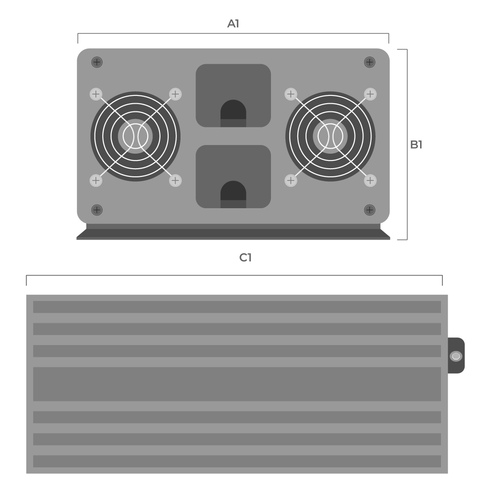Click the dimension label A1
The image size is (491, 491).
[233, 24]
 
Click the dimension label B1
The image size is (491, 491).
[416, 145]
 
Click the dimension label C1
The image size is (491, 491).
[245, 258]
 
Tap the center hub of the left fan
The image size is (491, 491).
[135, 136]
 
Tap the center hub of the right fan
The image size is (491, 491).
[331, 136]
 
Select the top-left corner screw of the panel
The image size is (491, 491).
[97, 62]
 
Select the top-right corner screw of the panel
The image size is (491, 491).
[370, 62]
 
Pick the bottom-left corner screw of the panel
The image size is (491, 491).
[97, 210]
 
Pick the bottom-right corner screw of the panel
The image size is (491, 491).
[370, 210]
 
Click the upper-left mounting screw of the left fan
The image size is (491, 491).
[95, 94]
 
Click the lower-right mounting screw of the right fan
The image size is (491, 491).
[371, 180]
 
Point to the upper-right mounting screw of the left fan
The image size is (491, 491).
[175, 94]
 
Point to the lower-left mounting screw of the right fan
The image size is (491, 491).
[291, 180]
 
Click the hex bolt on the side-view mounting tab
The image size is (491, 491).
[456, 356]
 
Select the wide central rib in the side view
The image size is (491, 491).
[237, 384]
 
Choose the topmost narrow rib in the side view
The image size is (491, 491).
[237, 307]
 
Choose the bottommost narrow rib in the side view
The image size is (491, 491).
[237, 461]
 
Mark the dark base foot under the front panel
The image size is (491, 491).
[233, 233]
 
